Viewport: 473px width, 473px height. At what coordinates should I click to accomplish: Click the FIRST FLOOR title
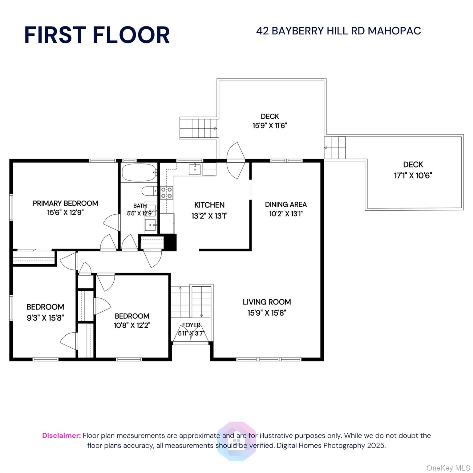pos(97,35)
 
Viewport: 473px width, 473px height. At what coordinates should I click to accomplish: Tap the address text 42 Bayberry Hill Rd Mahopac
pos(338,31)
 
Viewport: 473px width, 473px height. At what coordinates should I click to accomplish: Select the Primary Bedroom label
pos(65,203)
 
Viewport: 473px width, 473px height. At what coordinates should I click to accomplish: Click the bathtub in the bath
pos(139,173)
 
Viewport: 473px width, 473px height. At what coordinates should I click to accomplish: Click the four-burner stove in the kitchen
pos(166,193)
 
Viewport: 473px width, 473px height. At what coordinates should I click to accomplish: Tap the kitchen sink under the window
pos(195,169)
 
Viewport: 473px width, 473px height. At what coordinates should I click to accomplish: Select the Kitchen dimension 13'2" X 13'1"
pos(209,216)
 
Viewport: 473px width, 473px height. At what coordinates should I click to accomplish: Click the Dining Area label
pos(286,204)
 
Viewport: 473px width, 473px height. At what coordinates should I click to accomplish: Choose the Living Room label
pos(267,302)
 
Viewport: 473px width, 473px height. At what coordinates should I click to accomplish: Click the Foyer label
pos(191,325)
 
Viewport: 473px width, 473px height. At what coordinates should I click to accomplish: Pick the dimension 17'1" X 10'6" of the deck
pos(413,176)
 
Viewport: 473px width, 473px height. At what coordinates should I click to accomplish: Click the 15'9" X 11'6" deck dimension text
pos(270,126)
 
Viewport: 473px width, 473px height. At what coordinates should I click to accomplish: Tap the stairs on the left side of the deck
pos(198,128)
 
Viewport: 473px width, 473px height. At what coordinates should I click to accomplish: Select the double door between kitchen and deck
pos(236,160)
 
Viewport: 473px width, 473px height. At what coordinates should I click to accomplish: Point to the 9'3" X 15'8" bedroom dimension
pos(45,317)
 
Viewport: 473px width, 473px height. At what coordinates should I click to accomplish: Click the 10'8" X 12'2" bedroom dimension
pos(132,325)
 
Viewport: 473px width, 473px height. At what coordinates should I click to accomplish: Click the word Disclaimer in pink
pos(61,435)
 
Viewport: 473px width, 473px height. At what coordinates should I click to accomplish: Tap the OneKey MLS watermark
pos(448,468)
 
